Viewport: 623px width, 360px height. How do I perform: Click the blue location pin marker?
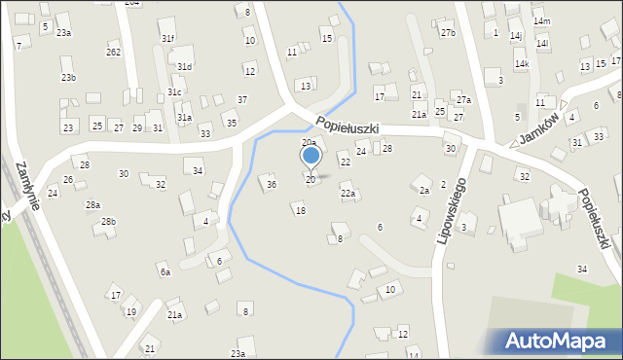pyautogui.click(x=311, y=157)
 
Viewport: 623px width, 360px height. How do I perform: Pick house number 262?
pyautogui.click(x=114, y=52)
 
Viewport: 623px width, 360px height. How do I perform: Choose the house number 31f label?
pyautogui.click(x=167, y=38)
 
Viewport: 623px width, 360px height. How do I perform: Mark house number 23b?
pyautogui.click(x=68, y=77)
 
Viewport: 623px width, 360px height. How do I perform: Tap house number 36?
pyautogui.click(x=272, y=184)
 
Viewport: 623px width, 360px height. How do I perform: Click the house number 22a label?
pyautogui.click(x=348, y=194)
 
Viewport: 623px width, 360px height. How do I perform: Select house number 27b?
pyautogui.click(x=447, y=33)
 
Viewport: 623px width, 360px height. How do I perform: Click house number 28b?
pyautogui.click(x=107, y=222)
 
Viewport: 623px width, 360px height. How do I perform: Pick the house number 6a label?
pyautogui.click(x=165, y=272)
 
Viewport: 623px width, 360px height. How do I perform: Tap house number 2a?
pyautogui.click(x=423, y=191)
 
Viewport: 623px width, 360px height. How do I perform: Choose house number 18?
pyautogui.click(x=300, y=210)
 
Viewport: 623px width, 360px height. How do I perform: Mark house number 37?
pyautogui.click(x=242, y=100)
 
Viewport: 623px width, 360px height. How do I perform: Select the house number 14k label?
pyautogui.click(x=522, y=64)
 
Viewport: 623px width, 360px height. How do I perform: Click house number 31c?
pyautogui.click(x=174, y=91)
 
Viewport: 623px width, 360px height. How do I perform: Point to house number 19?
pyautogui.click(x=130, y=311)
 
